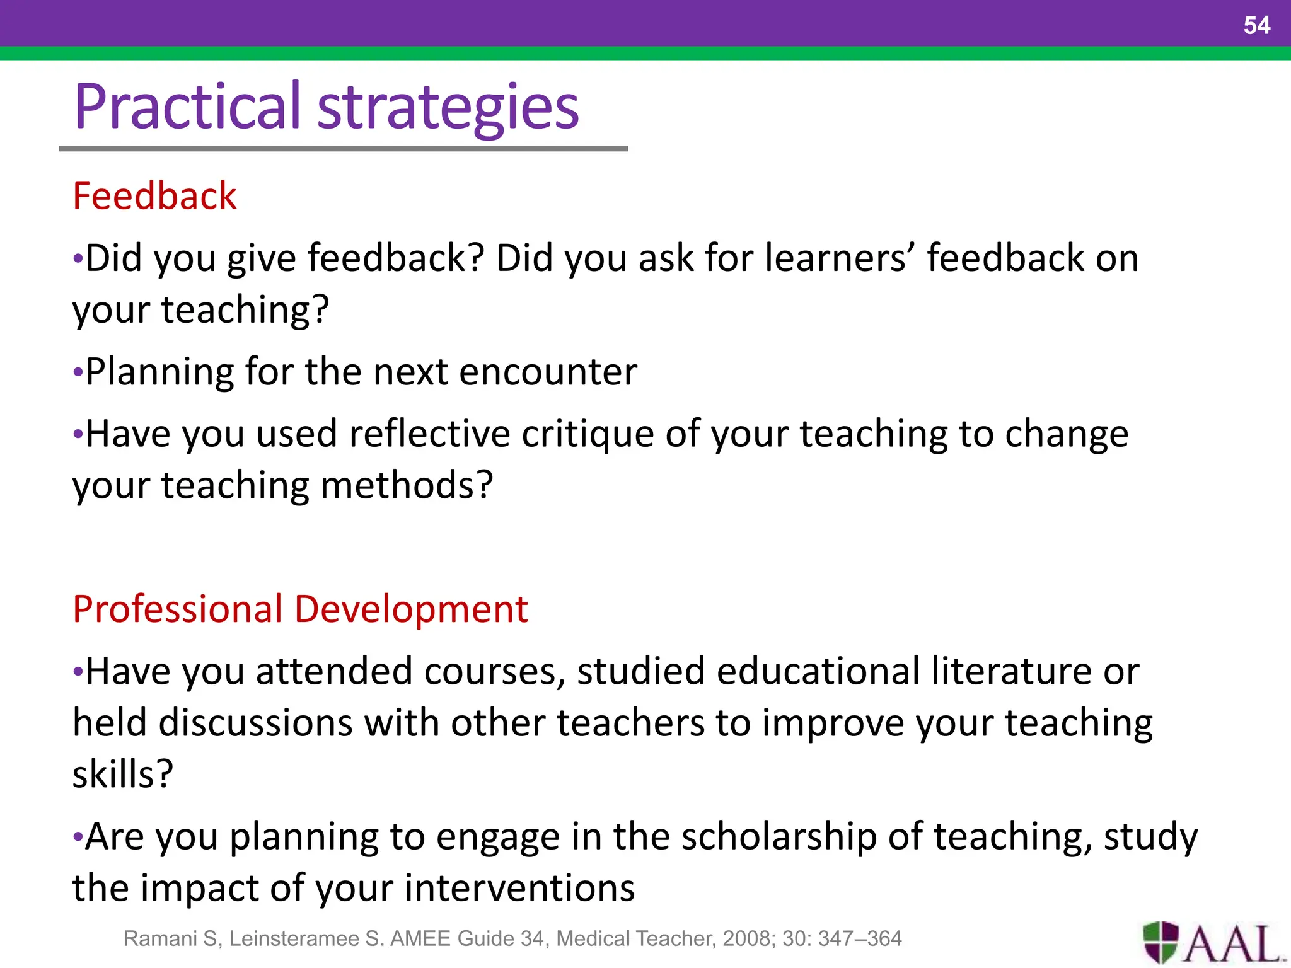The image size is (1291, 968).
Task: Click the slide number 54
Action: [1256, 25]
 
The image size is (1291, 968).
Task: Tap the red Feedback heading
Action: [154, 195]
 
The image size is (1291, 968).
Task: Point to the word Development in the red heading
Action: [411, 609]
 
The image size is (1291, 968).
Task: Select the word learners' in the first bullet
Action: [840, 258]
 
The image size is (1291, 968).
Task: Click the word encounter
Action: [548, 371]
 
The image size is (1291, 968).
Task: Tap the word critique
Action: [588, 435]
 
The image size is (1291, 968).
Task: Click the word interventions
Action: [519, 888]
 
